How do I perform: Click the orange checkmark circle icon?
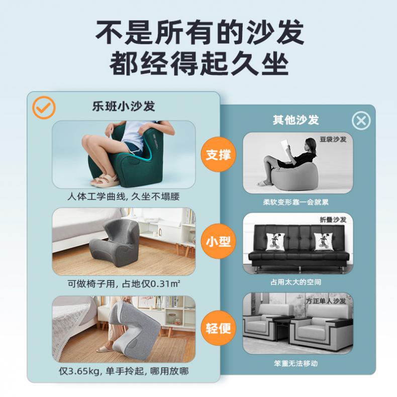(x=44, y=108)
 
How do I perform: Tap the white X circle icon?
(x=361, y=121)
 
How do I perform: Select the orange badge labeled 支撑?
(x=218, y=154)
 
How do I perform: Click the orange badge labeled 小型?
(x=218, y=241)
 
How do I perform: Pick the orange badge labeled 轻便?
(x=218, y=328)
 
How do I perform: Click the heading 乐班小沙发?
(x=124, y=106)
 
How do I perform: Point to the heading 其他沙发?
(x=295, y=120)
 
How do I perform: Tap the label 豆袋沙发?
(x=333, y=139)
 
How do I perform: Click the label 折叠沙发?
(x=333, y=220)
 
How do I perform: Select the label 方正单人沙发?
(x=326, y=301)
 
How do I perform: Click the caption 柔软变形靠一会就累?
(x=295, y=202)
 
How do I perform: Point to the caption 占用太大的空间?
(x=295, y=282)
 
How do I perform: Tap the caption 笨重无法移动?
(x=295, y=363)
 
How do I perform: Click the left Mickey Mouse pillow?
(x=275, y=242)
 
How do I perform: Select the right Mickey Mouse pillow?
(x=323, y=242)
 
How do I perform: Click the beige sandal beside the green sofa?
(x=105, y=180)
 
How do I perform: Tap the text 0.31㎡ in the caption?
(x=165, y=284)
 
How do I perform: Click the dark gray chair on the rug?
(x=115, y=242)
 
